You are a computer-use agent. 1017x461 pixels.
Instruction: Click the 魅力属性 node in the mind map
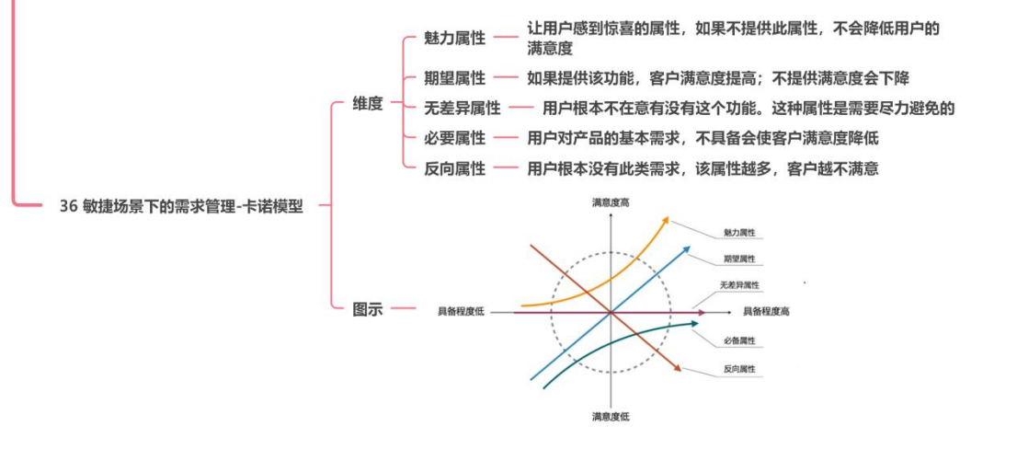click(454, 38)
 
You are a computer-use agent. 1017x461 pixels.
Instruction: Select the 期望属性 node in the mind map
click(454, 79)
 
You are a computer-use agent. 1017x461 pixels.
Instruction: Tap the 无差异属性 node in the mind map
click(463, 109)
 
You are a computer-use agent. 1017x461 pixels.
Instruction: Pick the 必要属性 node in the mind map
click(454, 138)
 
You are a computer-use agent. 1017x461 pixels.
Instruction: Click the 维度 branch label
click(368, 104)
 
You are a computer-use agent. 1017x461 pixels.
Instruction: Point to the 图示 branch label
click(368, 309)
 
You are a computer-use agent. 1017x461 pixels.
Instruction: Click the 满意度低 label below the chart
click(611, 417)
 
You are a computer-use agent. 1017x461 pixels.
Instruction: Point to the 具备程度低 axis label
click(461, 312)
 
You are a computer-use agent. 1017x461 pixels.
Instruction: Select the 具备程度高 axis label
click(766, 312)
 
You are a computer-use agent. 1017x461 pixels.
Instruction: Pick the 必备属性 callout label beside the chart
click(739, 341)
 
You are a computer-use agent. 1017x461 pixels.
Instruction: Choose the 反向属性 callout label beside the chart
click(739, 369)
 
